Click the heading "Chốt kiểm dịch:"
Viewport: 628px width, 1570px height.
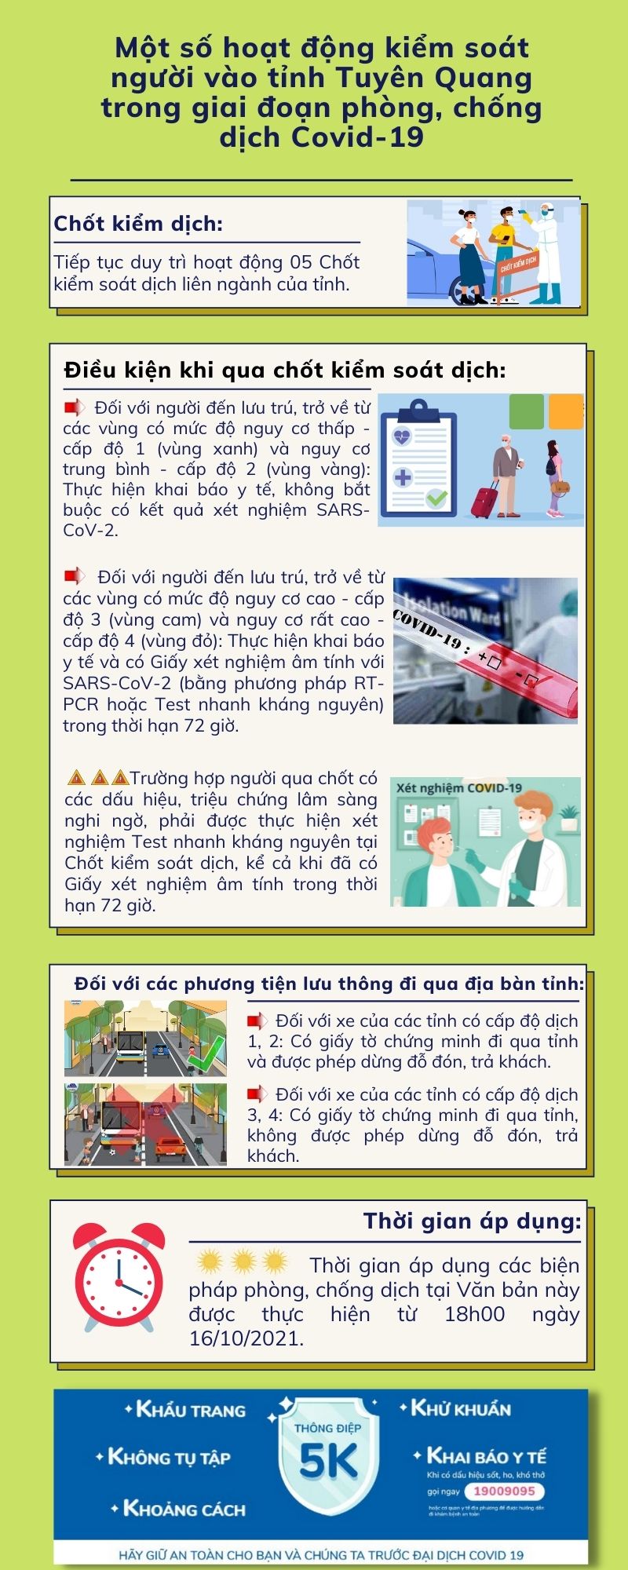(138, 224)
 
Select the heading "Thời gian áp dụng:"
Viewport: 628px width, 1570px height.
(472, 1221)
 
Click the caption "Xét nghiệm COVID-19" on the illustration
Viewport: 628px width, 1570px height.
(458, 787)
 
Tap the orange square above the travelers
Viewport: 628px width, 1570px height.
(565, 411)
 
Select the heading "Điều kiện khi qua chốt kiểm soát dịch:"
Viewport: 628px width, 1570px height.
(285, 370)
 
